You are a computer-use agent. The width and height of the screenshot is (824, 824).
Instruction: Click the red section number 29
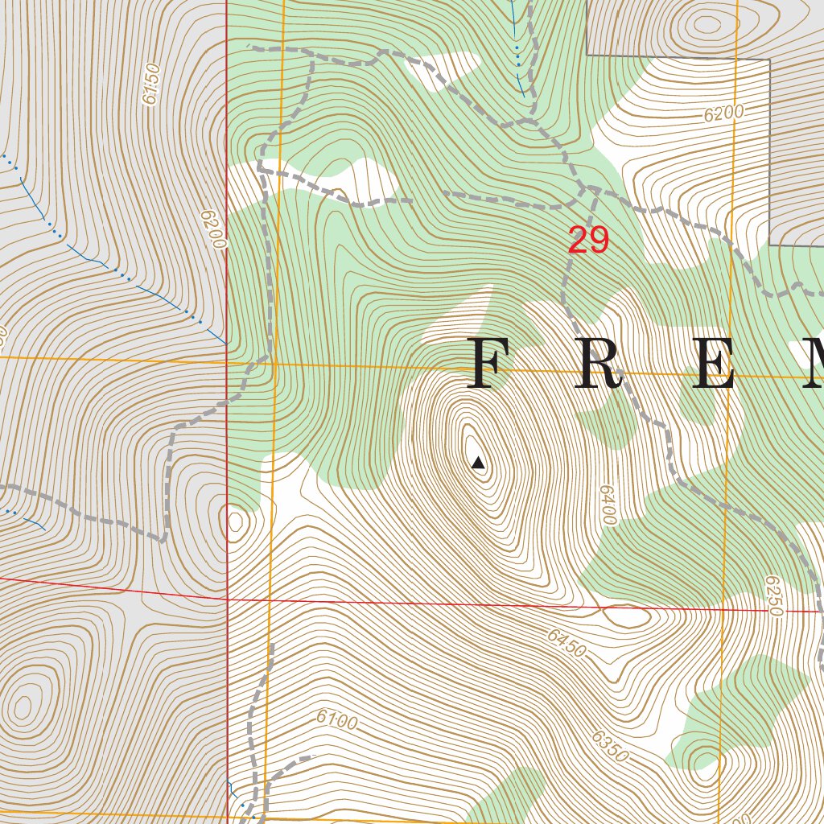pyautogui.click(x=588, y=240)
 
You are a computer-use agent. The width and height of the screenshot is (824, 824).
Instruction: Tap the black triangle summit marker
pyautogui.click(x=478, y=462)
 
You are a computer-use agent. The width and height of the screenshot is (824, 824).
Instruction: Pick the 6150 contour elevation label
pyautogui.click(x=150, y=84)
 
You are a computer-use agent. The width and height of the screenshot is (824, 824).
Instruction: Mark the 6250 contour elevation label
pyautogui.click(x=773, y=595)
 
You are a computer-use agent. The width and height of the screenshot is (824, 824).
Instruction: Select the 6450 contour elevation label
pyautogui.click(x=566, y=643)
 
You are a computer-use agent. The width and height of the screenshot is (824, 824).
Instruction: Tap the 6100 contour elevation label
pyautogui.click(x=336, y=720)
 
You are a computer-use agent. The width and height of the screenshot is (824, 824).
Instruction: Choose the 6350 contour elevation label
pyautogui.click(x=609, y=747)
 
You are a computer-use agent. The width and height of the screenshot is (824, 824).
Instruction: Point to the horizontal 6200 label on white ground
pyautogui.click(x=723, y=113)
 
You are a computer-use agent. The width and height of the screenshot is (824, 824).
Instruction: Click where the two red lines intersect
pyautogui.click(x=228, y=599)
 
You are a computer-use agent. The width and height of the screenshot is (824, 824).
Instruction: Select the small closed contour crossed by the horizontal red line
pyautogui.click(x=627, y=616)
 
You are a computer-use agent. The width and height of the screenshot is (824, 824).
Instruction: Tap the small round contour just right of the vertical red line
pyautogui.click(x=236, y=521)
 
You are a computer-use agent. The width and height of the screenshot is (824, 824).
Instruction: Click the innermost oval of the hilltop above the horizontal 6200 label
pyautogui.click(x=707, y=24)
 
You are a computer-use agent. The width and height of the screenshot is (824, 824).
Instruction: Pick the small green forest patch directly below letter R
pyautogui.click(x=612, y=422)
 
